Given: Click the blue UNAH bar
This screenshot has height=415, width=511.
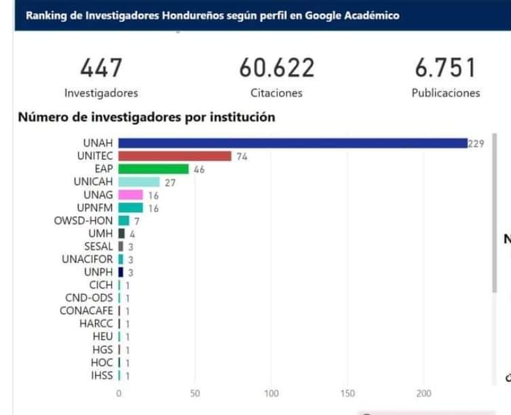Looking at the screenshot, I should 292,143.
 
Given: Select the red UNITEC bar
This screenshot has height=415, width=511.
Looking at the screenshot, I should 175,156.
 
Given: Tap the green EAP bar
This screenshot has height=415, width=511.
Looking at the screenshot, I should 153,169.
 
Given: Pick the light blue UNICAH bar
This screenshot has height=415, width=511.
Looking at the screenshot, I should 139,182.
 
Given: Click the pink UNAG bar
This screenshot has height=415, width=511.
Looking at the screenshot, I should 130,195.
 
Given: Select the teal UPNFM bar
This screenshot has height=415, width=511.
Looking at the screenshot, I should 130,208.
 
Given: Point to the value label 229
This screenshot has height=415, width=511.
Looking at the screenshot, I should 476,143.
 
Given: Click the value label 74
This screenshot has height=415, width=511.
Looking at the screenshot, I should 242,156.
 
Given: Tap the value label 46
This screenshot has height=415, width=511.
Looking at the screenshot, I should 199,169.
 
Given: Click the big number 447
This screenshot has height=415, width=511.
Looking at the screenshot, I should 101,68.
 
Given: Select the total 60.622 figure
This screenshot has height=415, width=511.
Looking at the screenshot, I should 276,68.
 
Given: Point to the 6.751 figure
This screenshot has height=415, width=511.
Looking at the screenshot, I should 445,68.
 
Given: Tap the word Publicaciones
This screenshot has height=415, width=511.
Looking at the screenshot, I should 445,93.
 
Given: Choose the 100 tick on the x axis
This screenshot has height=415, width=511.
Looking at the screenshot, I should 271,393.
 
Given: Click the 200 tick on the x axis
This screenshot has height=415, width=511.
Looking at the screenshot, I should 424,393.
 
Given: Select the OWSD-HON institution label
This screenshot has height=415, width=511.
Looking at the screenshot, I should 83,221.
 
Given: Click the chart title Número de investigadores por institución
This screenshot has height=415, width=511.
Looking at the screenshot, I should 147,118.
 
